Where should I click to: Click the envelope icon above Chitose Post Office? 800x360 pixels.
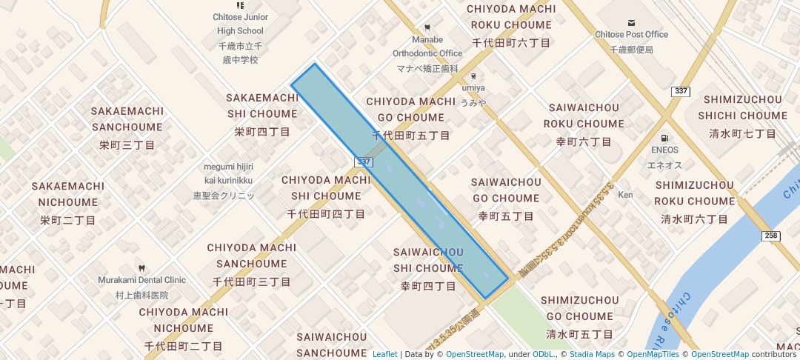631,24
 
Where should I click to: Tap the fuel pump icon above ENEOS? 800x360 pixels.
664,138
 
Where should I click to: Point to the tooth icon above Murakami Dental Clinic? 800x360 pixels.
141,268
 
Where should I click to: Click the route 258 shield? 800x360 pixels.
770,236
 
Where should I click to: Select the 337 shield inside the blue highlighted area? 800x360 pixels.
363,161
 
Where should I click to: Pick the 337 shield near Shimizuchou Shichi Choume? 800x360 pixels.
681,91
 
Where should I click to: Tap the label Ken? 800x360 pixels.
626,195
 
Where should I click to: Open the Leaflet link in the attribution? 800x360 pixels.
384,354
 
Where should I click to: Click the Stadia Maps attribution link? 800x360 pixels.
592,354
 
